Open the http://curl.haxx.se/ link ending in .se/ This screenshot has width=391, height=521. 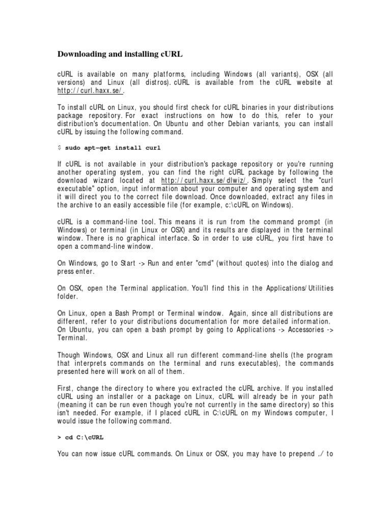(90, 91)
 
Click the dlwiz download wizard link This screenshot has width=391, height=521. (205, 181)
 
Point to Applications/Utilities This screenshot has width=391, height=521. (300, 288)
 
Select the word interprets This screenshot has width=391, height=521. (96, 363)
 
